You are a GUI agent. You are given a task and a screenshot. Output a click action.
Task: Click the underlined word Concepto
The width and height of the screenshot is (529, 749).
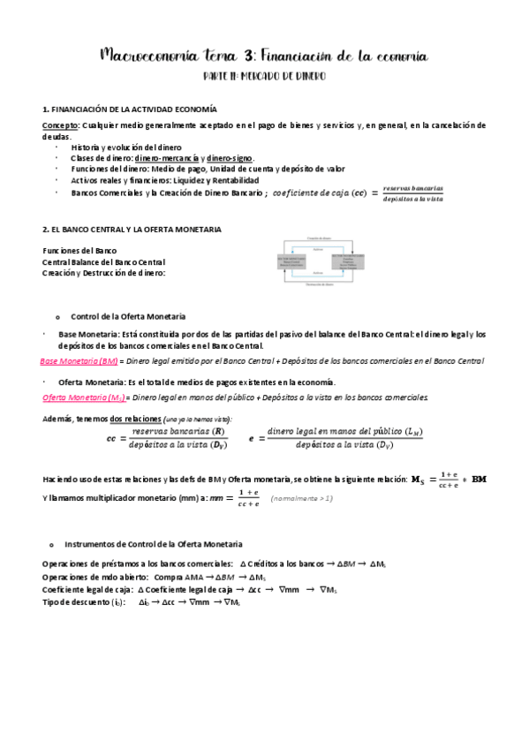coord(61,125)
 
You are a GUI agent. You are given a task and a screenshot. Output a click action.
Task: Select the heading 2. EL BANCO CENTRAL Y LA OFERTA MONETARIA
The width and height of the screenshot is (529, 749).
coord(132,230)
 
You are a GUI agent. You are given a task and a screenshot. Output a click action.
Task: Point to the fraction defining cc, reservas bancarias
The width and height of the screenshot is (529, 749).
coord(177,438)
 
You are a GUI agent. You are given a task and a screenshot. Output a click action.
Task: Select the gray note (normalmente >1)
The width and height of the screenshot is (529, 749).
coord(302,499)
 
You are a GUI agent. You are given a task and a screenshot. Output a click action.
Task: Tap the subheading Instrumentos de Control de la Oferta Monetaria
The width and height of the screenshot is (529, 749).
coord(155,544)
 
